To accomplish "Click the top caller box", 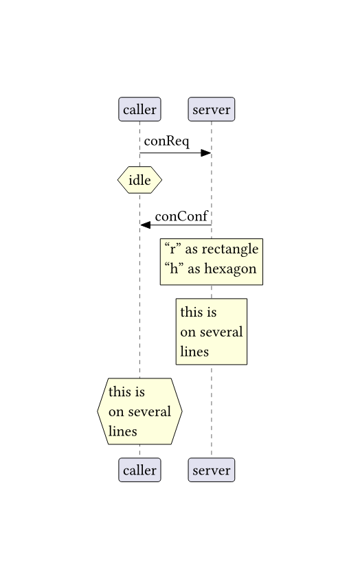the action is coord(139,109).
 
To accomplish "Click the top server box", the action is coord(212,109).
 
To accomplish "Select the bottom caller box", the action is coord(139,470).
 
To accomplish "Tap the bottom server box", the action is coord(212,470).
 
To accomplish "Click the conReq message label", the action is coord(166,141).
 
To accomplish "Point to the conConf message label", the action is coord(181,216).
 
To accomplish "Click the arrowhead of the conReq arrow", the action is coord(205,153).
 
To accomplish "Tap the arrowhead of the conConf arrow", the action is coord(146,225).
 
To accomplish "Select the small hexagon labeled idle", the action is coord(139,180).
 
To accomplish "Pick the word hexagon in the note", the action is coord(230,269).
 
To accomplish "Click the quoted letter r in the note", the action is coord(172,249).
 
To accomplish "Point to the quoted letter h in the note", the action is coord(174,269).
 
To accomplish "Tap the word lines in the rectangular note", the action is coord(194,352).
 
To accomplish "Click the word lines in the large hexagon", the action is coord(122,431).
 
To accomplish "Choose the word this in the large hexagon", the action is coord(119,391).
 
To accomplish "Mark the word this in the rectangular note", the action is coord(190,312).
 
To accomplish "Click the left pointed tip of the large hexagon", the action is coord(98,411).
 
